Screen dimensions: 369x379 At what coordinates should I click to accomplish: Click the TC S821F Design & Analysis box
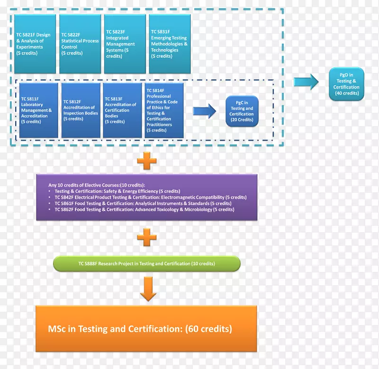tap(35, 44)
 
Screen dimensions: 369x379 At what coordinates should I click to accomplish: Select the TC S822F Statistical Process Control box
tap(80, 44)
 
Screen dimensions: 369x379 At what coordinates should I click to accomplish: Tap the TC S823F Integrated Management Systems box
tap(125, 44)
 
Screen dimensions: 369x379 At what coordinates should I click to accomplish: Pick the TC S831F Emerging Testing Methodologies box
tap(170, 44)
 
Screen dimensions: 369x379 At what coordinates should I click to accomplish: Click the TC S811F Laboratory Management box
tap(39, 110)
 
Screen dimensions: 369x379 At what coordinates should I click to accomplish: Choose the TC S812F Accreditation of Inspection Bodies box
tap(81, 110)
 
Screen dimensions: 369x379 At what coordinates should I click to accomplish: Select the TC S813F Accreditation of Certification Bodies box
tap(122, 110)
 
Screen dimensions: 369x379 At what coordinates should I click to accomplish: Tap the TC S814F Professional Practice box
tap(164, 110)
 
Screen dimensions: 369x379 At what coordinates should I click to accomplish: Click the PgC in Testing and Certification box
tap(242, 111)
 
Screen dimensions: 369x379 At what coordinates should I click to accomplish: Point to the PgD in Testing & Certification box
tap(346, 84)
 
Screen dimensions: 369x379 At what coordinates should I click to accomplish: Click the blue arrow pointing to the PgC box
tap(204, 111)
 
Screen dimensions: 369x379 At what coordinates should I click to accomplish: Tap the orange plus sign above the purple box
tap(147, 161)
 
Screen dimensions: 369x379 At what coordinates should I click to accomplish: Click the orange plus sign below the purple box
tap(147, 237)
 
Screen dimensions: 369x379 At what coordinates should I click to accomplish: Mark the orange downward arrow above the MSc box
tap(148, 289)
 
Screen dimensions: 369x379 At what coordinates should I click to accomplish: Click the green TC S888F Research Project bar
tap(147, 263)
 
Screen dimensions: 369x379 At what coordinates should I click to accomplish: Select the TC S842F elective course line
tap(150, 197)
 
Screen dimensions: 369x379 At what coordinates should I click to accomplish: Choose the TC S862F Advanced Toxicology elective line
tap(144, 209)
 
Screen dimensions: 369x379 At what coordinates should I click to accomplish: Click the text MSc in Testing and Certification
tap(140, 329)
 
